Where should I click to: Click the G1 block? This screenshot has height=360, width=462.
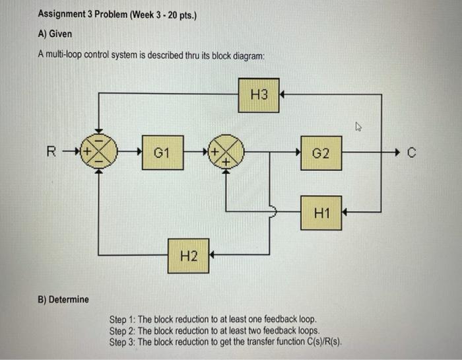(162, 153)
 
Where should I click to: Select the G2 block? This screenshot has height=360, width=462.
(321, 153)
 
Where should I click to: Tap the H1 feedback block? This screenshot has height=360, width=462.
(321, 213)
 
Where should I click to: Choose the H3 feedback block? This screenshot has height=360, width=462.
(259, 96)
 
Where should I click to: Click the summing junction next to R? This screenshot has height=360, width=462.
(98, 153)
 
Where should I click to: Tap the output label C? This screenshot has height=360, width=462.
(412, 154)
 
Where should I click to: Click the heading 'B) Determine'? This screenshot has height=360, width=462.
(63, 299)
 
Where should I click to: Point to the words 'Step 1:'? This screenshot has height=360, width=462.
(123, 320)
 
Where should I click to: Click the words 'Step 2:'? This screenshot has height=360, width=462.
(123, 330)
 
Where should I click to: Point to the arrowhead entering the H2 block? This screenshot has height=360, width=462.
(213, 254)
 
